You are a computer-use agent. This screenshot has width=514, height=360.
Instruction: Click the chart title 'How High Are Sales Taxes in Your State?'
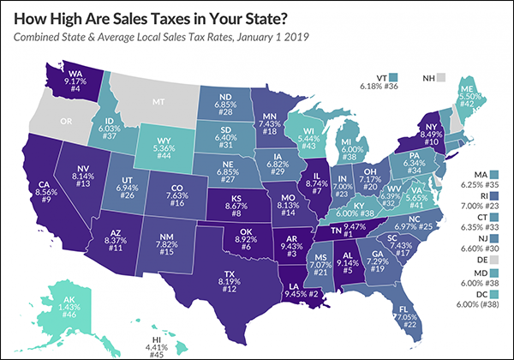pyautogui.click(x=163, y=17)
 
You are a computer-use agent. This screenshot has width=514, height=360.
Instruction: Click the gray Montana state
pyautogui.click(x=158, y=103)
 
